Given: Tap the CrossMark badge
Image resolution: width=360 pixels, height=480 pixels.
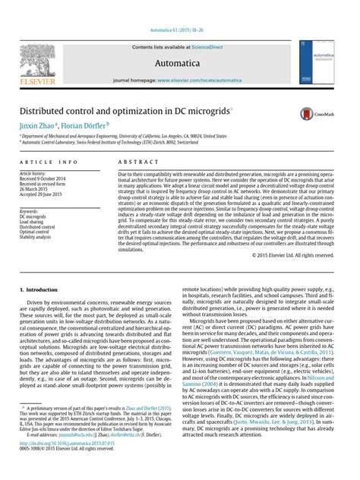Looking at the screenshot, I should click(314, 114).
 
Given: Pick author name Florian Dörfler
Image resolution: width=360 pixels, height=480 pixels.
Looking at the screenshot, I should click(88, 125).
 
